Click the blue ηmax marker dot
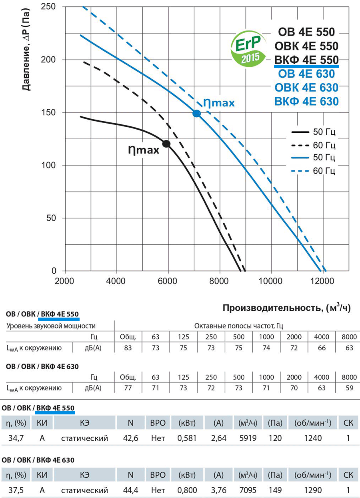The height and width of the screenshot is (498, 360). point(196,114)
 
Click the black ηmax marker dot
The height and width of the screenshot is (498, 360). point(166,144)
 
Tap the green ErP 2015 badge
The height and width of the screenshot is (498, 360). point(248,49)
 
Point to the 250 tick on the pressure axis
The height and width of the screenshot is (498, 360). point(48,6)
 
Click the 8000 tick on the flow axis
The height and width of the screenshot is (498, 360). point(219,281)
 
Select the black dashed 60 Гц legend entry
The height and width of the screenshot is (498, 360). point(313,145)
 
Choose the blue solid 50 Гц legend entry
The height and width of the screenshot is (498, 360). point(313,158)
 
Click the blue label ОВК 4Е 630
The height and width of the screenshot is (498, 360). point(306,88)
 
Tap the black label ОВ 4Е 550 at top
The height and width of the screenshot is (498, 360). point(306,32)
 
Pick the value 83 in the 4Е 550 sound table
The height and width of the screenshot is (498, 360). point(128,348)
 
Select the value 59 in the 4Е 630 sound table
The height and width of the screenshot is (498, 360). point(349,388)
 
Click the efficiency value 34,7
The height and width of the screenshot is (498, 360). point(16,438)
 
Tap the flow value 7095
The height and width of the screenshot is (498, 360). point(248,490)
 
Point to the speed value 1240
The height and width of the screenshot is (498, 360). point(313,438)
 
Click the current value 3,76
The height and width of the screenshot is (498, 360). point(218,490)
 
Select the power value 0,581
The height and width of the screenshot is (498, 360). point(187,438)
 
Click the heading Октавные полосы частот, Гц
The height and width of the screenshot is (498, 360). point(238,326)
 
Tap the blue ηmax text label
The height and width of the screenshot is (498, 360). point(219,103)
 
